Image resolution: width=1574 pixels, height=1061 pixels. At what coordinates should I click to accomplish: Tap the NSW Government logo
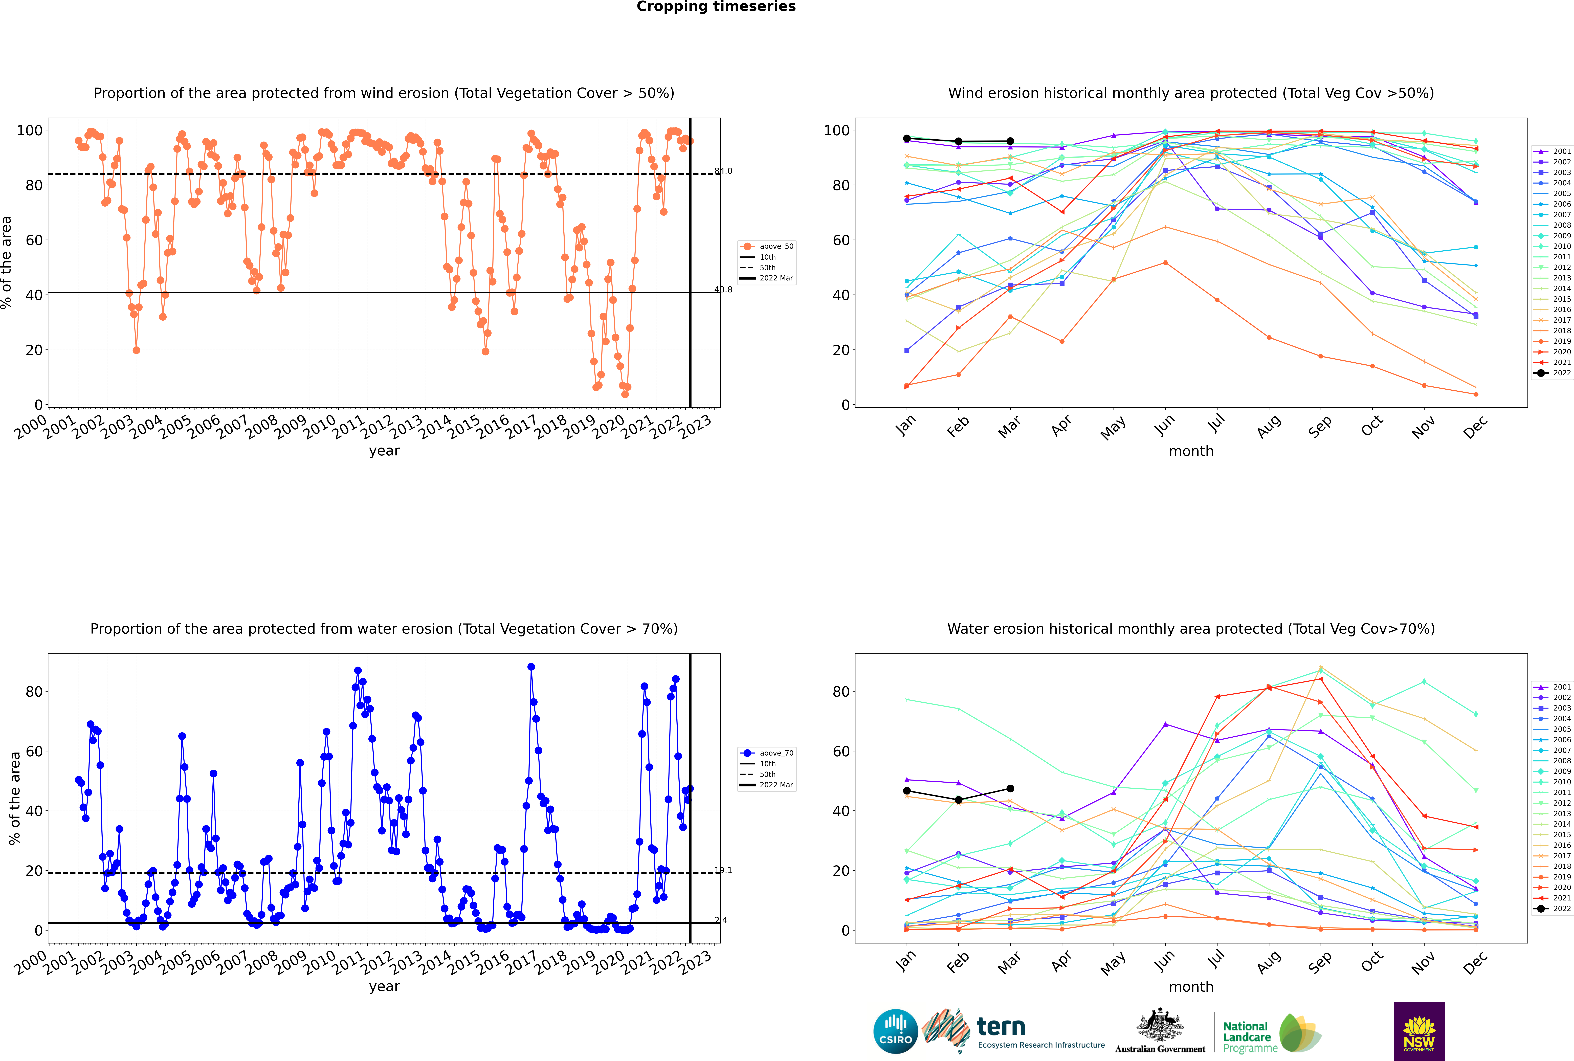[x=1419, y=1031]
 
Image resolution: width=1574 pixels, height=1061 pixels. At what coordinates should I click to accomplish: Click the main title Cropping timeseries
[x=716, y=7]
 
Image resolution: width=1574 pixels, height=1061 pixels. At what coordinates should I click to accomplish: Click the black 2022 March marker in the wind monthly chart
[x=1010, y=141]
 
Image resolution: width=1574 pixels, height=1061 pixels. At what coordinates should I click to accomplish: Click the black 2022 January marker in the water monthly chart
[x=907, y=791]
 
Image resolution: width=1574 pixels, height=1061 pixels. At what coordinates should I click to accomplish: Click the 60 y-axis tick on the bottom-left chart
[x=34, y=751]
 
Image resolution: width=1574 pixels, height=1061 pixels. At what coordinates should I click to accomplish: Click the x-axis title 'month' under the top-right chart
[x=1191, y=451]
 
